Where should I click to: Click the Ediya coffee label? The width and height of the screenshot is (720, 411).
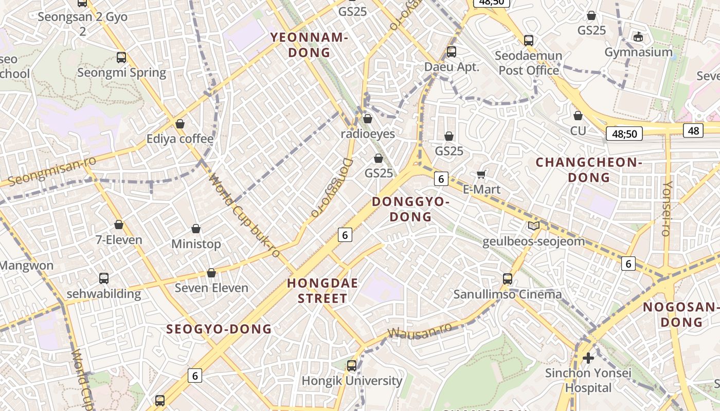click(x=179, y=139)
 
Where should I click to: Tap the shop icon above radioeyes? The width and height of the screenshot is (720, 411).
click(x=367, y=119)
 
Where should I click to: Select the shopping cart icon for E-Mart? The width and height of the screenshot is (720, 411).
click(x=481, y=175)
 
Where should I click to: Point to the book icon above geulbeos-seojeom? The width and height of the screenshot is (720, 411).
click(x=533, y=226)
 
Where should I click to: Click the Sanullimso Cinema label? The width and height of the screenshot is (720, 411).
click(x=507, y=294)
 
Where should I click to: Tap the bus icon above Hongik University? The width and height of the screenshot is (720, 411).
click(x=352, y=366)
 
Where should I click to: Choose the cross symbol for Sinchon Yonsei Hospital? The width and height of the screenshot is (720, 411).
click(x=588, y=358)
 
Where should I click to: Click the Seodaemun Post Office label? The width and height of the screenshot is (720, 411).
click(x=528, y=63)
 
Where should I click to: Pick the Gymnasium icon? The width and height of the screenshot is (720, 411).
click(x=638, y=37)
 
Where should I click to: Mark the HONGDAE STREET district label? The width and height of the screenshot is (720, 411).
click(x=322, y=291)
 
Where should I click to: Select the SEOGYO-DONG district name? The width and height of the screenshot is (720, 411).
click(x=219, y=329)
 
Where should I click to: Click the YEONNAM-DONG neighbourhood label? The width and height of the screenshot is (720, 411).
click(x=310, y=45)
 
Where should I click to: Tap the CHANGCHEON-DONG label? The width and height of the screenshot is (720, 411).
click(x=589, y=170)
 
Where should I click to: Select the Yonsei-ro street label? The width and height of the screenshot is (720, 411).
click(x=667, y=208)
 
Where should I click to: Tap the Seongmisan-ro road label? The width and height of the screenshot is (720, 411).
click(x=52, y=172)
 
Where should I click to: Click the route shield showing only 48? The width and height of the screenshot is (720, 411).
click(x=693, y=130)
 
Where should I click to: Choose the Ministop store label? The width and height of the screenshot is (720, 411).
click(x=196, y=244)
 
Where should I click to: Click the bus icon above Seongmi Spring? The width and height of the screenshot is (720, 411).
click(x=121, y=58)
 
